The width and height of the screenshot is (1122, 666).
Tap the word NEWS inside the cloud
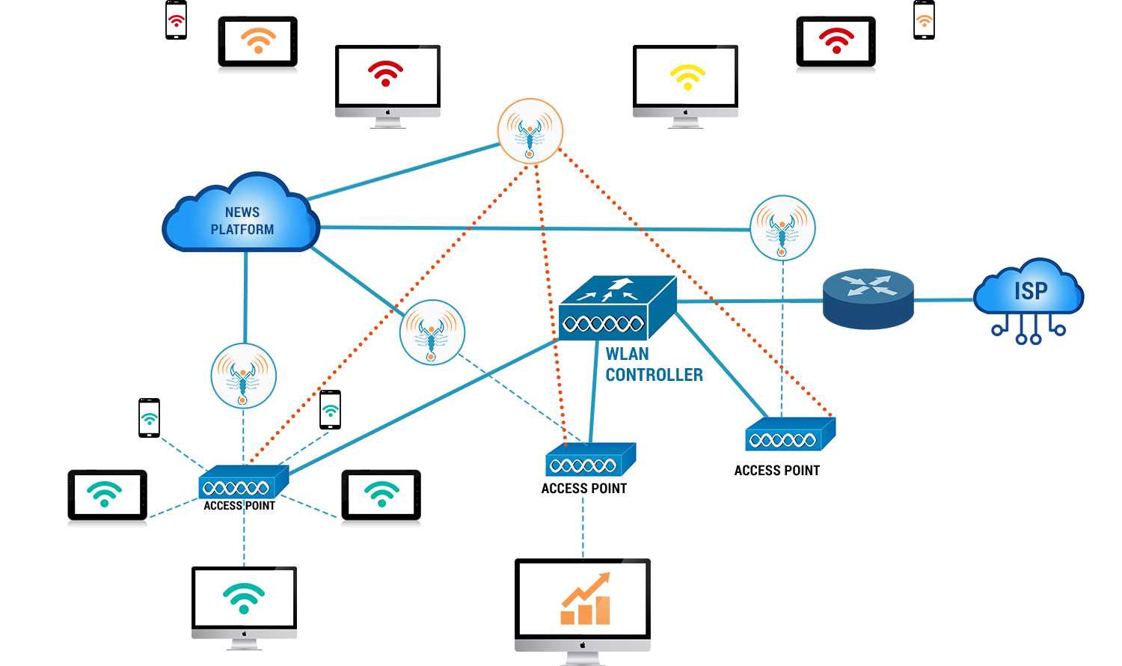tap(242, 213)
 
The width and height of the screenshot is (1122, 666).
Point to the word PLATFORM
tap(242, 230)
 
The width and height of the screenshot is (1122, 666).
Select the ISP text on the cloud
tap(1031, 290)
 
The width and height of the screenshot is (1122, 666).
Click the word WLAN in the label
tap(627, 354)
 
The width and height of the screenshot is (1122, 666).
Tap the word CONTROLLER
tap(654, 375)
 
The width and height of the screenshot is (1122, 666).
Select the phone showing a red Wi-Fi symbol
tap(176, 20)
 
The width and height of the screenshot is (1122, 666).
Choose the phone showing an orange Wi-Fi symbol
tap(924, 20)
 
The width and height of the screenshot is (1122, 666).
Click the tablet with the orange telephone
tap(257, 44)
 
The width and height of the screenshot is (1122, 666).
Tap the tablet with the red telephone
tap(836, 44)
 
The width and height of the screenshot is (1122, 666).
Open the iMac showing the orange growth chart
tap(582, 611)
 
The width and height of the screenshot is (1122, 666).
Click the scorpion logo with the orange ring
tap(530, 131)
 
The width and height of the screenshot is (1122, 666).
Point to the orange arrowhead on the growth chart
tap(604, 578)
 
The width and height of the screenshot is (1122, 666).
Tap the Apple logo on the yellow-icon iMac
tap(685, 113)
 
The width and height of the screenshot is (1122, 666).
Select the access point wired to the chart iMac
tap(590, 461)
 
